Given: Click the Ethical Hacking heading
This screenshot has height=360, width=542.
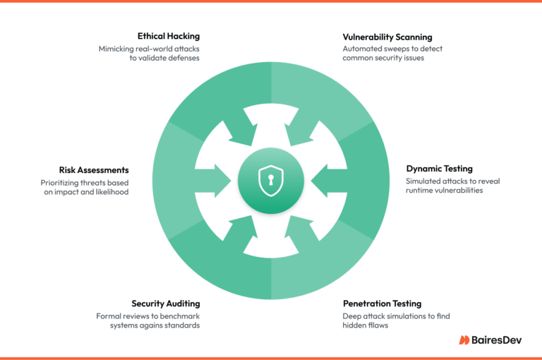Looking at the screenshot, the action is tap(169, 36).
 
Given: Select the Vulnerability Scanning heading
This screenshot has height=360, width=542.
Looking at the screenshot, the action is tap(387, 37).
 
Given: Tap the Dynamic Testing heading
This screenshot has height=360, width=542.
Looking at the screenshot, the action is tap(440, 169).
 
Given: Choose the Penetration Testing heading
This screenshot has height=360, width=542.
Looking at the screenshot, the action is tap(382, 304).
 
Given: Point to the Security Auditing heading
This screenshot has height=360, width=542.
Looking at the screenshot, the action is tap(166, 304).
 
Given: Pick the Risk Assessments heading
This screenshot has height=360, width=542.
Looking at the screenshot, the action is tap(94, 170).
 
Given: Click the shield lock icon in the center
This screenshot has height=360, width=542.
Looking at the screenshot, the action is tap(271, 181).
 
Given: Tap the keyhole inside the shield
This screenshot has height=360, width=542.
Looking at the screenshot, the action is tap(271, 180).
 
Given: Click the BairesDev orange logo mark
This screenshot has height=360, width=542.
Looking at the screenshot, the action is tap(464, 340).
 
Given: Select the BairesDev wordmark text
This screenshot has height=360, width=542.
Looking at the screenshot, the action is tap(496, 340).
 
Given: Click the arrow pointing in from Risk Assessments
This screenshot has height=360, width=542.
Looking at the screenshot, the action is tap(213, 181).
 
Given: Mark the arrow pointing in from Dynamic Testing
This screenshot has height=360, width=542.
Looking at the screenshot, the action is tap(329, 181).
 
